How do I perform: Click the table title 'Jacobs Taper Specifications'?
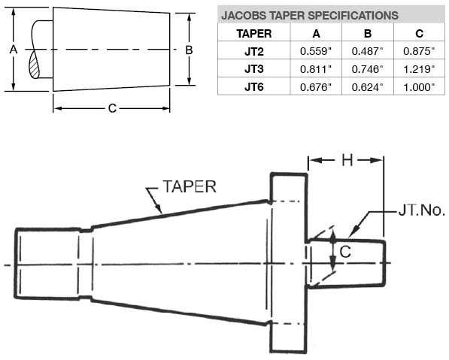(x=309, y=15)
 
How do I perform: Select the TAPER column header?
(x=253, y=34)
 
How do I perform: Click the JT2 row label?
(x=253, y=51)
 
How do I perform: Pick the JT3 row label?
(x=253, y=68)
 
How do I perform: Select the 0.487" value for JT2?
(x=367, y=51)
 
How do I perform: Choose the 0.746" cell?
(x=367, y=68)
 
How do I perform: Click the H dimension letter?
(x=347, y=160)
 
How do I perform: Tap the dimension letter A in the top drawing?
(x=13, y=49)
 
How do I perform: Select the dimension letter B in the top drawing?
(x=190, y=49)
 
